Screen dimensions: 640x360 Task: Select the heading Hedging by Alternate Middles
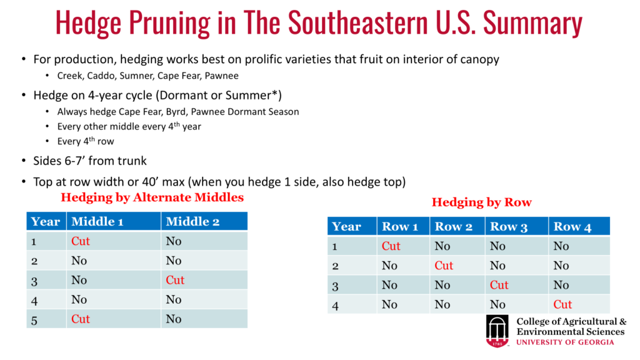pyautogui.click(x=152, y=197)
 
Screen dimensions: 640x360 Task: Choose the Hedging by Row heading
pyautogui.click(x=482, y=202)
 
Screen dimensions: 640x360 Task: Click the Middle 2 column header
pyautogui.click(x=192, y=222)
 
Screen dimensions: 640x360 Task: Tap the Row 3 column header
pyautogui.click(x=509, y=227)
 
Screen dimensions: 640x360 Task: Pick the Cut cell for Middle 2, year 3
pyautogui.click(x=175, y=280)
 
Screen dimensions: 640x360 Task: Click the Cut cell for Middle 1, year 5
pyautogui.click(x=81, y=319)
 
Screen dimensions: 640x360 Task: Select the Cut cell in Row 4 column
pyautogui.click(x=562, y=304)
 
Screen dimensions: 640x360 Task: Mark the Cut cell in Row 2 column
pyautogui.click(x=444, y=266)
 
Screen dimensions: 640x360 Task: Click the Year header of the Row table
pyautogui.click(x=346, y=227)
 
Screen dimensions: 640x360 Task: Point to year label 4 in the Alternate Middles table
pyautogui.click(x=34, y=301)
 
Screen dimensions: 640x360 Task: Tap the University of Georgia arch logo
pyautogui.click(x=497, y=331)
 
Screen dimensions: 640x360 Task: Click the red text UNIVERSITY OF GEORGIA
pyautogui.click(x=565, y=342)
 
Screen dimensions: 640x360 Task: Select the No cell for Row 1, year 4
pyautogui.click(x=389, y=304)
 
